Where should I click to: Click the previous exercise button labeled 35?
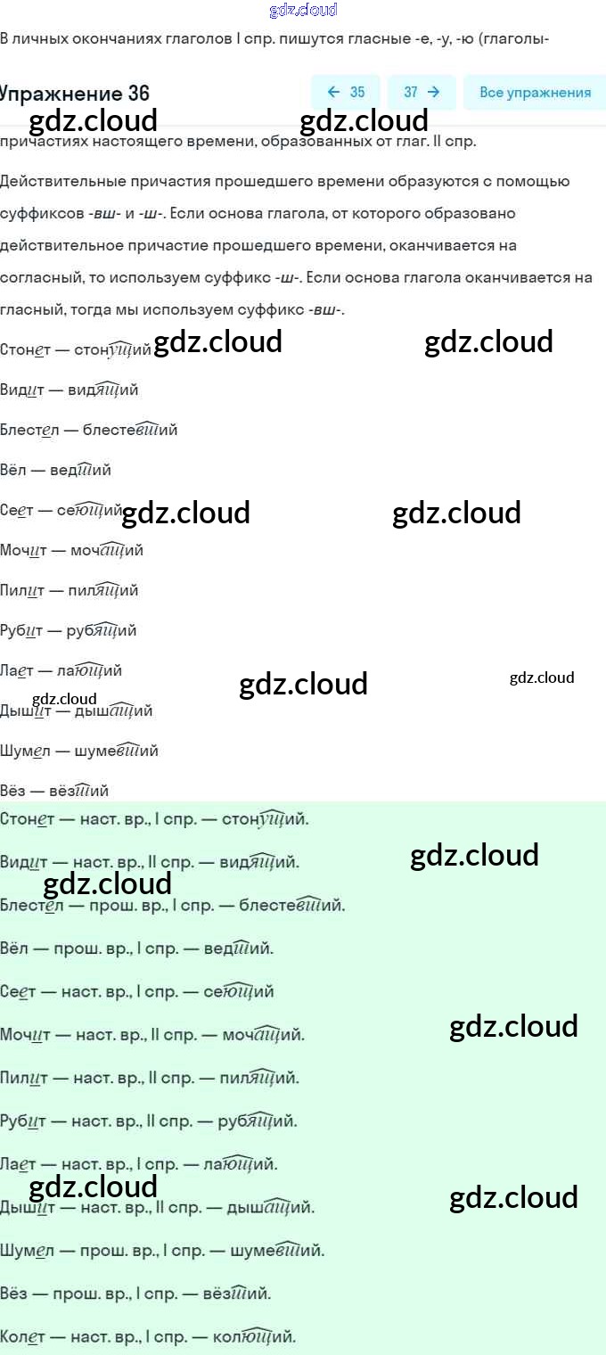[346, 93]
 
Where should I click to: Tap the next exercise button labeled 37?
[422, 93]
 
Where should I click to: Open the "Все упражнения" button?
[535, 93]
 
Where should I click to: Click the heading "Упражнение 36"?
[75, 94]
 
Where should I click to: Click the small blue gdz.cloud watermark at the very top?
[303, 10]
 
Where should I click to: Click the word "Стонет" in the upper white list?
[24, 350]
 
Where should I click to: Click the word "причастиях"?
[44, 141]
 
